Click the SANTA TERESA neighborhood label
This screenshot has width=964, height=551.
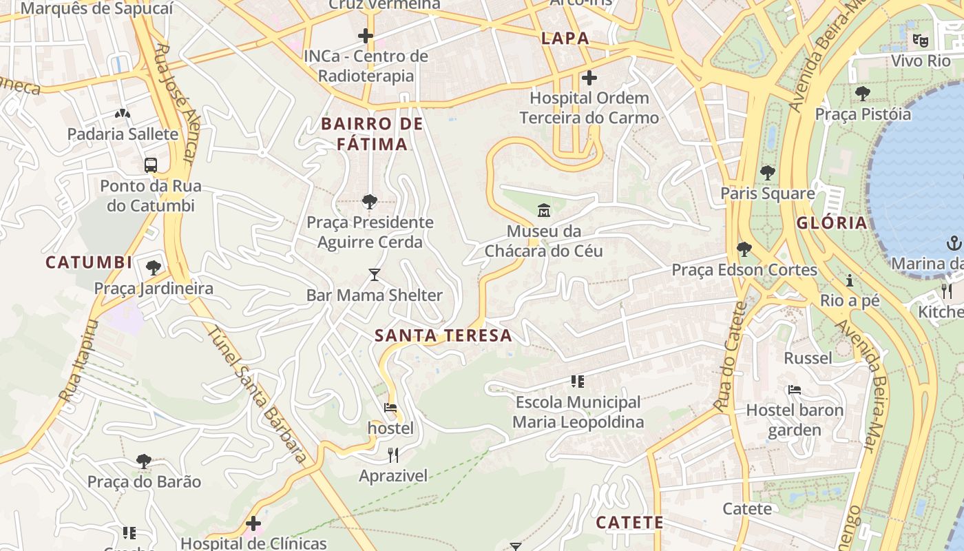[443, 335]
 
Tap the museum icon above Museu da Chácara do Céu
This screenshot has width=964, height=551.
[544, 209]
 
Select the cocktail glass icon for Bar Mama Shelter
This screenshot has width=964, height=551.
[374, 275]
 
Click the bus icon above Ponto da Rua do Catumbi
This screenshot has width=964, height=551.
[151, 165]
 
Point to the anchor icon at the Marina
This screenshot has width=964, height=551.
[954, 242]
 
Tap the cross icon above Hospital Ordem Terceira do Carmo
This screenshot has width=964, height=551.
[589, 77]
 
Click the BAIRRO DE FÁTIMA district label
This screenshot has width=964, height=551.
[372, 134]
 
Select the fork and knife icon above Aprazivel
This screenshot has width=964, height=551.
[393, 455]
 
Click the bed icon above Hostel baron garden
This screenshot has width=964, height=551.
[794, 390]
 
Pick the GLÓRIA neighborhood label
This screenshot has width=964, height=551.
[832, 222]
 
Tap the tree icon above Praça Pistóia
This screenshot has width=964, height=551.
[862, 93]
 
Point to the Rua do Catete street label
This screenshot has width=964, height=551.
[731, 358]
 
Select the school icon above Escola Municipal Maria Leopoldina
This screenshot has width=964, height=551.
[578, 381]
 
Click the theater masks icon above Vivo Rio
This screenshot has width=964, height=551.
[920, 40]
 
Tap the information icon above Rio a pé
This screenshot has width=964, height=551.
[850, 280]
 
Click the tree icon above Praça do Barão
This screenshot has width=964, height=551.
[144, 461]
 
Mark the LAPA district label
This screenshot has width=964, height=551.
[565, 38]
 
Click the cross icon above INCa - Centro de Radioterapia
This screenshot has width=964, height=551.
[366, 35]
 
